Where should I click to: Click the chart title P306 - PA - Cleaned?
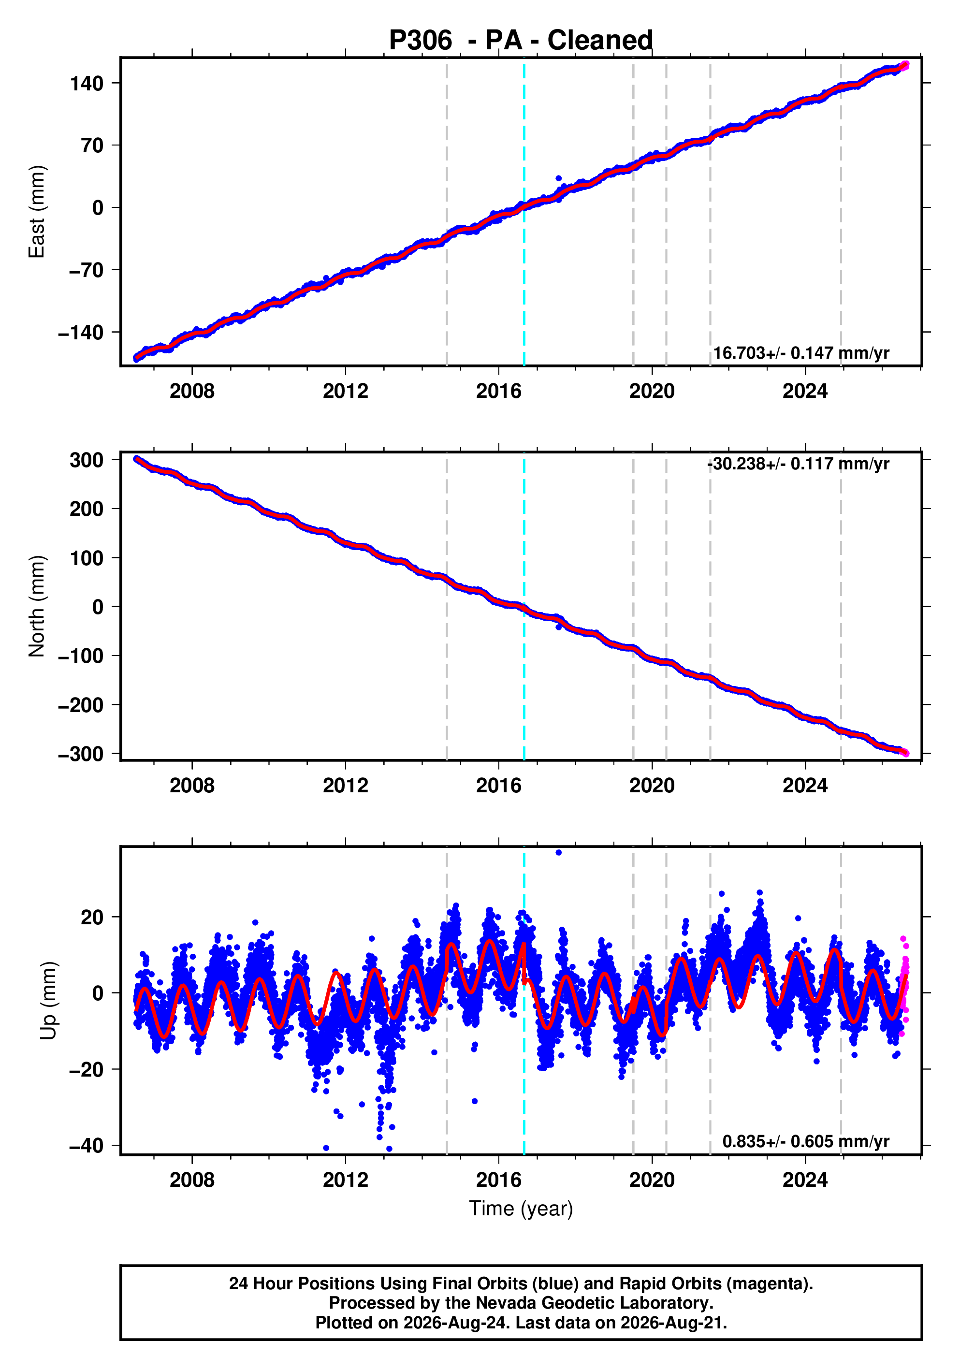tap(521, 41)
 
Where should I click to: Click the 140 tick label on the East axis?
tap(87, 84)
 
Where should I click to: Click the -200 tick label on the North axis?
tap(81, 705)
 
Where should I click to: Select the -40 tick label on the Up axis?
tap(86, 1146)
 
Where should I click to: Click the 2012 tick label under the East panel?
tap(346, 392)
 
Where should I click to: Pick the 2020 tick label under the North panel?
tap(652, 786)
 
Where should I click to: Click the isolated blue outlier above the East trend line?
tap(558, 178)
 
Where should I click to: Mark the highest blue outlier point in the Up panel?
tap(558, 853)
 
